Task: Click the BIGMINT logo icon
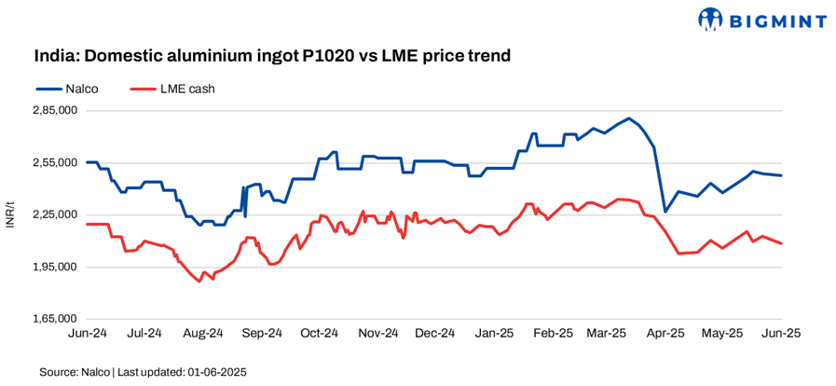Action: pos(711,18)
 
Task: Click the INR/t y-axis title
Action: pos(9,214)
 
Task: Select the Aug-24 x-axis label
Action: pos(202,333)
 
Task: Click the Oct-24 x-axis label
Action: pos(319,333)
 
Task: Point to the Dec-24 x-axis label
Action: pos(434,333)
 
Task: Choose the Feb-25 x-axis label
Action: pos(551,333)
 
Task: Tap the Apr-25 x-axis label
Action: pos(665,333)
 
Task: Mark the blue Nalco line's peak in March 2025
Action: pos(630,118)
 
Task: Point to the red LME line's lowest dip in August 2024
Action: pos(199,282)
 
